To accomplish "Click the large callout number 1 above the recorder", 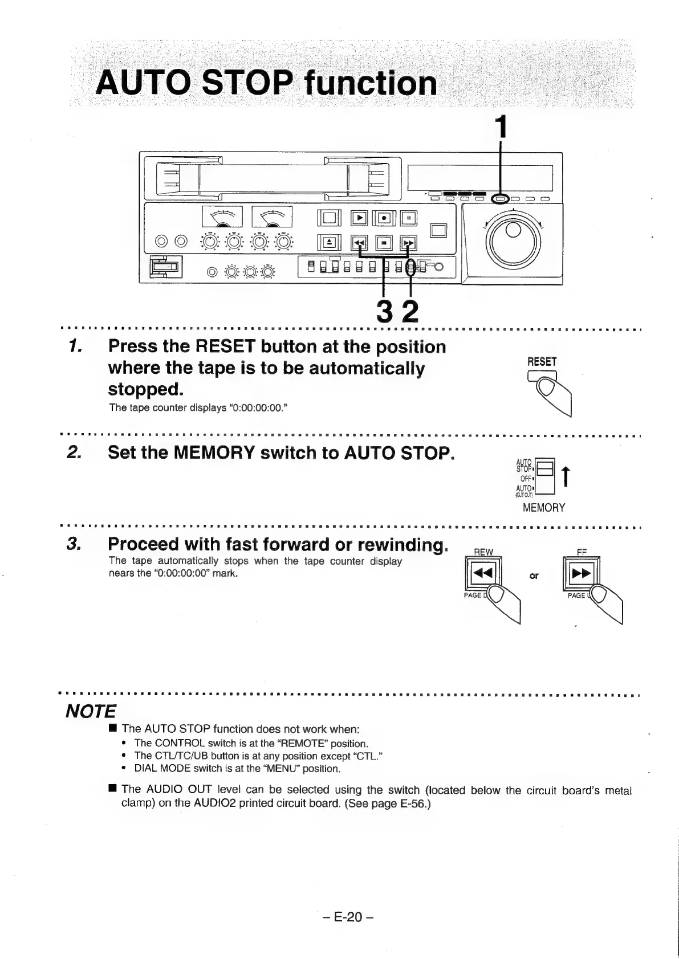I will tap(501, 127).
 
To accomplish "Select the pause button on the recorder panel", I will tap(409, 218).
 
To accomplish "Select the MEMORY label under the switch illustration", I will tap(544, 508).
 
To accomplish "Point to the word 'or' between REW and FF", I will tap(534, 576).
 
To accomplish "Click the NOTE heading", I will tap(91, 711).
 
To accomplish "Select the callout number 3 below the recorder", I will tap(386, 312).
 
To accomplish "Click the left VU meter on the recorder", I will tap(222, 217).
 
